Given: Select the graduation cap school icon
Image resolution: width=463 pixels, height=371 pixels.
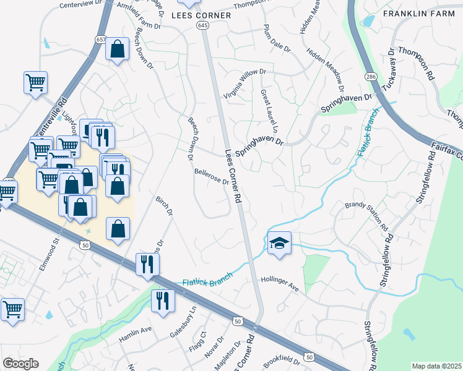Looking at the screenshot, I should [280, 242].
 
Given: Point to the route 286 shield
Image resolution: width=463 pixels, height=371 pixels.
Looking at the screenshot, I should [371, 76].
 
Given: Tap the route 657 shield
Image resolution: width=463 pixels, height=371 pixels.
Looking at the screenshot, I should [101, 39].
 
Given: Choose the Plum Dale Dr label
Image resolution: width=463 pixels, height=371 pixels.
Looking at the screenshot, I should [277, 41].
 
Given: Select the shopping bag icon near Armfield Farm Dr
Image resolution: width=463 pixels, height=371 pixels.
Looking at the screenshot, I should [117, 49].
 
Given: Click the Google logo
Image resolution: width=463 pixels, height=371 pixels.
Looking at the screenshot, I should [20, 364].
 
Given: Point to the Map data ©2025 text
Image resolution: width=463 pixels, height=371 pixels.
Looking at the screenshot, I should [436, 366].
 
